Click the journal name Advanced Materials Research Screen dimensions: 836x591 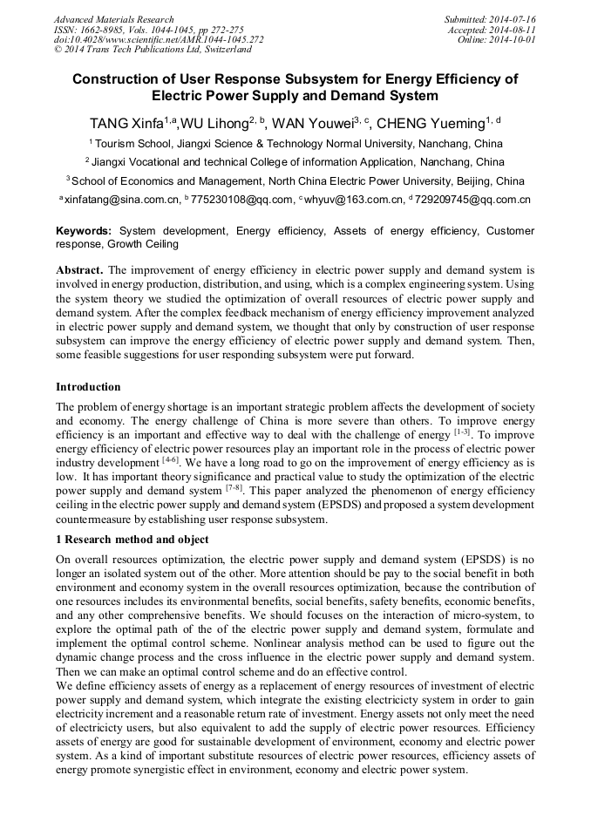coord(114,19)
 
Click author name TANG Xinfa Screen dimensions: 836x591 coord(123,123)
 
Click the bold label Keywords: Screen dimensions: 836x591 coord(84,231)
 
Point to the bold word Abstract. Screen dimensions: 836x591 coord(81,270)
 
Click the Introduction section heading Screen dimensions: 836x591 coord(88,386)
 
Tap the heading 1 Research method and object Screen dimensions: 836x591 coord(132,540)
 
